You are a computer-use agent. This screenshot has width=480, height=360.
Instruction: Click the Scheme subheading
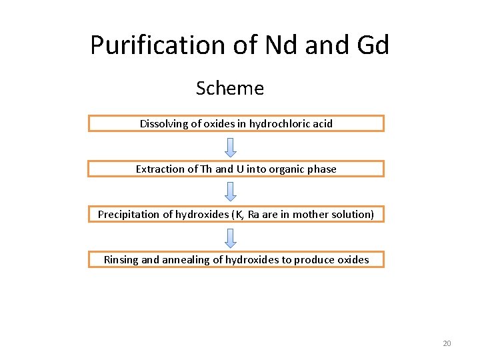tap(230, 88)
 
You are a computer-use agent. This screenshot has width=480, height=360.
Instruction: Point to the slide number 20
tap(447, 343)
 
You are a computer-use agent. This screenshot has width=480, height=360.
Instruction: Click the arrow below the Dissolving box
tap(230, 146)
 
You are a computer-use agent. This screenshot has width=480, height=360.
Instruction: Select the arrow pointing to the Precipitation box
tap(230, 191)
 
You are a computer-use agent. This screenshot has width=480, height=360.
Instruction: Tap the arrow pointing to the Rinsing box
tap(230, 237)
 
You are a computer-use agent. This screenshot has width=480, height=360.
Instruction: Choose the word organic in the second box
tap(288, 169)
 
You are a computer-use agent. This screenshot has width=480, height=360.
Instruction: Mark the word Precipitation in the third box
tap(127, 214)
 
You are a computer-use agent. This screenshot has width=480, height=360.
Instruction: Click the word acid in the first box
tap(322, 123)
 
